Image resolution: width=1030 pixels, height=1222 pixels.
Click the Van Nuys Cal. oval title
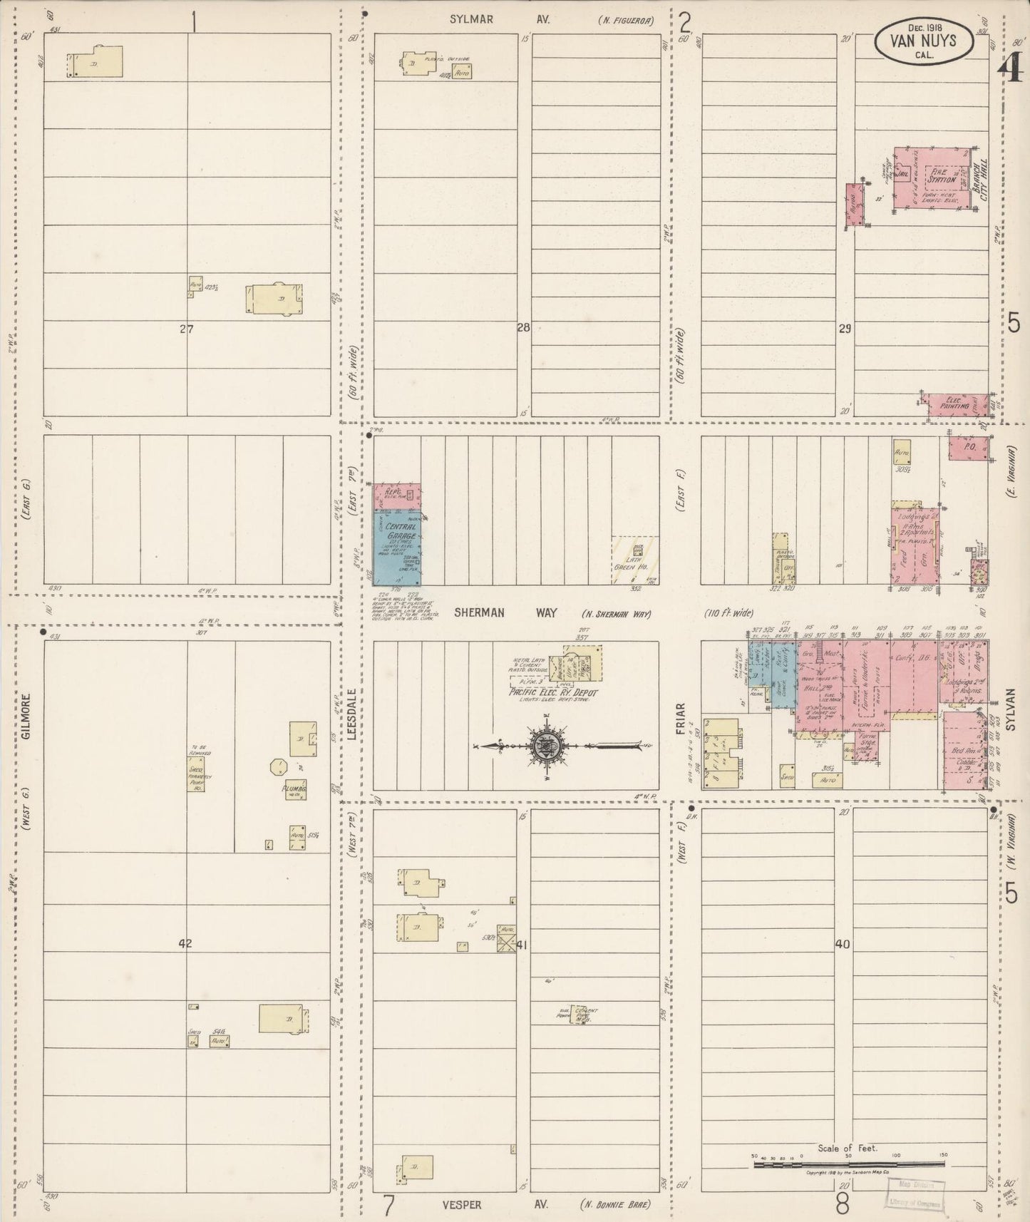[923, 41]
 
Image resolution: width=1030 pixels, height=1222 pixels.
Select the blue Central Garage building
[398, 545]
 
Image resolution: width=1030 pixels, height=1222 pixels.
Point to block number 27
[187, 329]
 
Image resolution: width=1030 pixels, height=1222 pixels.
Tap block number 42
[185, 944]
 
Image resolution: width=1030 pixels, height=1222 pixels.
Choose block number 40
[843, 944]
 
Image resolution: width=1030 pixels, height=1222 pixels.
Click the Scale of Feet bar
[848, 1165]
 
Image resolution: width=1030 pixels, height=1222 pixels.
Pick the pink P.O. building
[968, 448]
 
